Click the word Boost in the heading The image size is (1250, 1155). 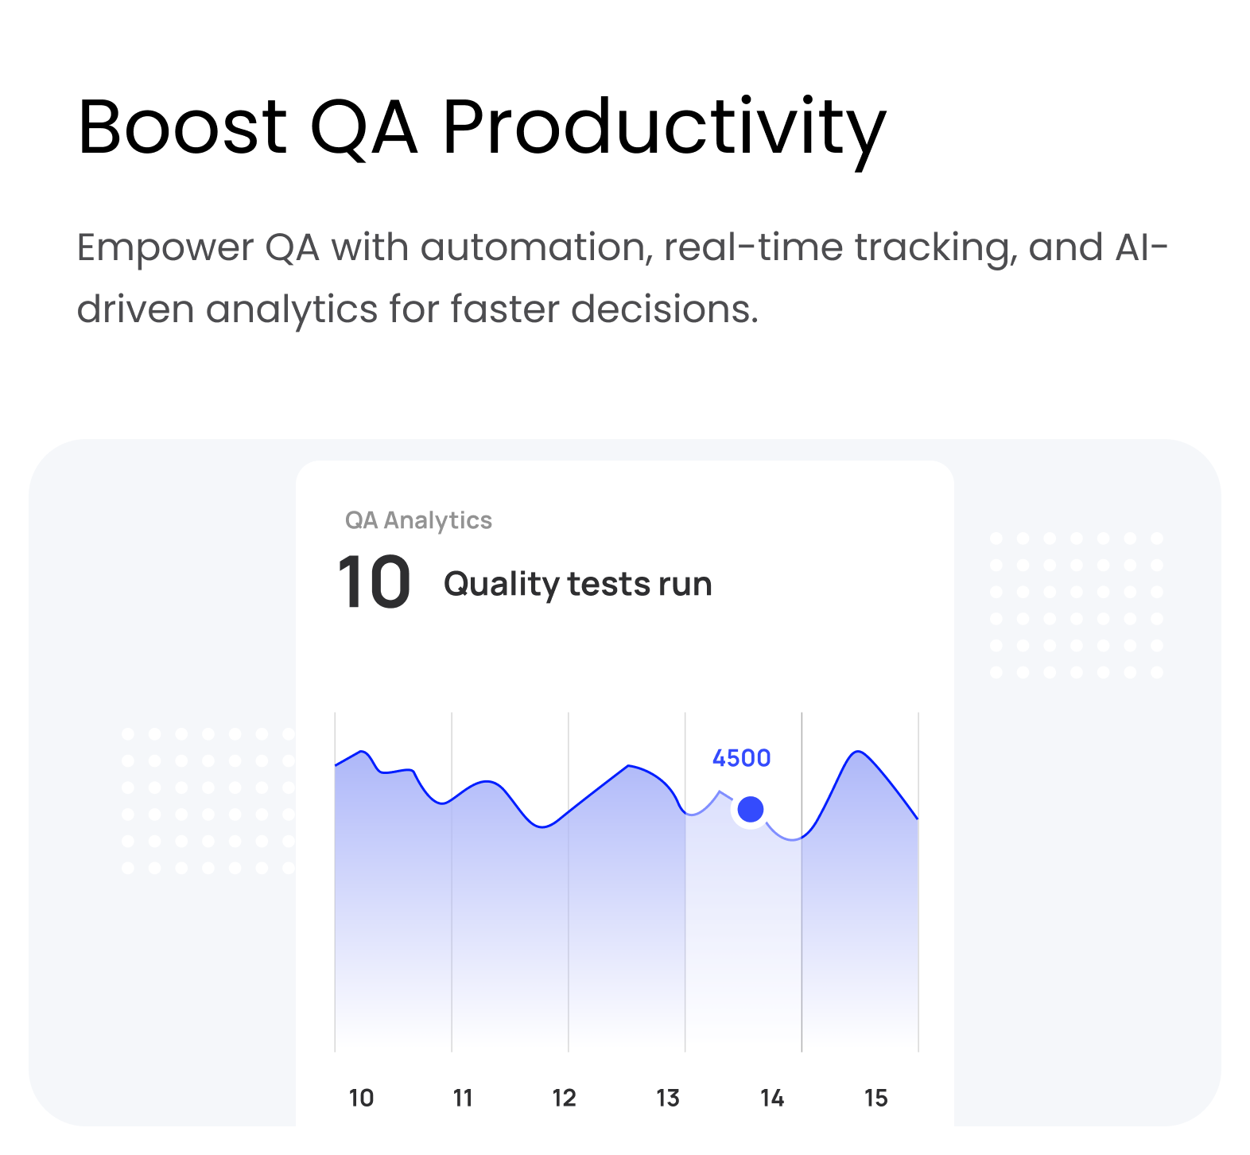click(x=182, y=126)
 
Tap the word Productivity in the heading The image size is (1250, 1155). click(x=664, y=132)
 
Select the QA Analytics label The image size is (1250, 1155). click(x=418, y=520)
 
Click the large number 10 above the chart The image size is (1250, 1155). click(x=374, y=583)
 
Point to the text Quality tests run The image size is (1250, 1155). click(x=577, y=585)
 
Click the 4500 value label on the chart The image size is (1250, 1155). click(x=741, y=758)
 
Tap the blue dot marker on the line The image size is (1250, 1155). click(x=751, y=810)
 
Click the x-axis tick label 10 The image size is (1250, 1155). click(x=361, y=1099)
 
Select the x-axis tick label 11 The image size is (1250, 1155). click(x=463, y=1099)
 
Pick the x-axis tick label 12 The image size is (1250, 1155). click(x=564, y=1099)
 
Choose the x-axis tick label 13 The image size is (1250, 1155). click(x=668, y=1099)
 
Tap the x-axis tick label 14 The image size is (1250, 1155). click(x=772, y=1099)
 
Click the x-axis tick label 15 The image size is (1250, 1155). click(x=875, y=1099)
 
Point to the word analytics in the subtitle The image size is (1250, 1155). click(x=292, y=309)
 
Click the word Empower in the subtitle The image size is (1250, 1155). click(x=165, y=249)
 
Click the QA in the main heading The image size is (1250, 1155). click(x=364, y=128)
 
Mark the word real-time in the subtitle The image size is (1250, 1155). click(x=753, y=247)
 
